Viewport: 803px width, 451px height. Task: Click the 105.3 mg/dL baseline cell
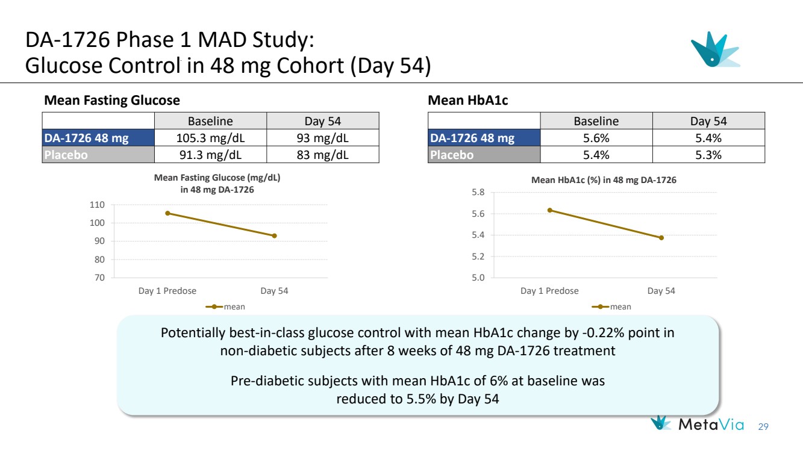click(x=210, y=138)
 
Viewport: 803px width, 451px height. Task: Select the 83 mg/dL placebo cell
click(x=322, y=155)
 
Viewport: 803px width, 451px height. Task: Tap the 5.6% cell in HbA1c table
click(x=596, y=138)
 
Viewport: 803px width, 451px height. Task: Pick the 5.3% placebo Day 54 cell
click(x=708, y=155)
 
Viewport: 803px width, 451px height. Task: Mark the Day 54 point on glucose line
click(x=274, y=235)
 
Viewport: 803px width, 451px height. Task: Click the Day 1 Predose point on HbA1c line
click(x=549, y=210)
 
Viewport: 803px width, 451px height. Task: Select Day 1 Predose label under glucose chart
click(x=167, y=291)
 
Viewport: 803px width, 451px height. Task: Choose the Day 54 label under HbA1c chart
click(x=661, y=291)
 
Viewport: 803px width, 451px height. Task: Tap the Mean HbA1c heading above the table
click(x=467, y=101)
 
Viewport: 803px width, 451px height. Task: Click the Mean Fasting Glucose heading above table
click(x=112, y=101)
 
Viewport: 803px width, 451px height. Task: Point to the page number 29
click(x=764, y=426)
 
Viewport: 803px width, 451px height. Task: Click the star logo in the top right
click(x=714, y=49)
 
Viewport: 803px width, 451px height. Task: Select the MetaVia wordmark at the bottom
click(x=711, y=424)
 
